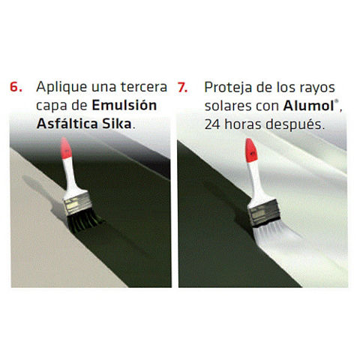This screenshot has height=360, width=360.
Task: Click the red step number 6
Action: pos(16,87)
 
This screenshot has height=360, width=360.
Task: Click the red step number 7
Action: pos(182,87)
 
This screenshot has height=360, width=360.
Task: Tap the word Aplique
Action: pos(61,88)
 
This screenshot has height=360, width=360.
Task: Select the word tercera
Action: pos(144,87)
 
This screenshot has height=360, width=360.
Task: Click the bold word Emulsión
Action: pos(124,105)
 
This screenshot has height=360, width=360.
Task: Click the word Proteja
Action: pos(228,88)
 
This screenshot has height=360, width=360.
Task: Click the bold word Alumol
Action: pos(308,106)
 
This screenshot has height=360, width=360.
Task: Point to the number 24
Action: pos(212,124)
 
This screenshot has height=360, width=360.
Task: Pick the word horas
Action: pos(243,124)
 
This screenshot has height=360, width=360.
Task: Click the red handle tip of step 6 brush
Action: pos(66,148)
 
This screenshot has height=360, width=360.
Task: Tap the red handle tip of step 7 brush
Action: pos(251,151)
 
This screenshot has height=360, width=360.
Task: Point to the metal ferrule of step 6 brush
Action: pos(77,203)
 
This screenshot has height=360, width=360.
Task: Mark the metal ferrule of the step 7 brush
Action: pos(264,213)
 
